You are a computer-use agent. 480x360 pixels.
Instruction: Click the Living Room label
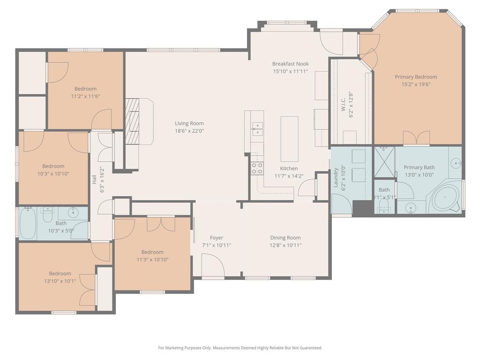coord(189,123)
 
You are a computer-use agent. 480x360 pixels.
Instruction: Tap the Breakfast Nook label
coord(291,64)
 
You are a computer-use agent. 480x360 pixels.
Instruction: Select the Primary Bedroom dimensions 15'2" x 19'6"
coord(415,84)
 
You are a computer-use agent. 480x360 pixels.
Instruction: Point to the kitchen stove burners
coord(257,168)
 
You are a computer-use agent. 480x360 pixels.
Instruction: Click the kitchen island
coord(289,139)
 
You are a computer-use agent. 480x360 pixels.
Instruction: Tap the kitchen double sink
coord(257,129)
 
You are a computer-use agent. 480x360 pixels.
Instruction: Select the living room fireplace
coord(134,122)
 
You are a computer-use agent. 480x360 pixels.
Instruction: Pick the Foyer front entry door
coord(213,265)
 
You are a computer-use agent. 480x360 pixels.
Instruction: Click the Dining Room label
coord(285,238)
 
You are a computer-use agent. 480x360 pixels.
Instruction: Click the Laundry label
coord(336,178)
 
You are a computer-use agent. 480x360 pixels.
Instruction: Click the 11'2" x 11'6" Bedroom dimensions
coord(85,96)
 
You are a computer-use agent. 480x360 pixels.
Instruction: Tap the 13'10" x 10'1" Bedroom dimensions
coord(60,281)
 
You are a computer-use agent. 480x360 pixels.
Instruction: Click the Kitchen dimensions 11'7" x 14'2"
coord(289,176)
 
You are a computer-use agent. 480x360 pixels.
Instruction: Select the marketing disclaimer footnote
coord(240,348)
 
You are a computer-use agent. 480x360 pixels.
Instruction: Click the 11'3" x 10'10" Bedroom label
coord(152,252)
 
